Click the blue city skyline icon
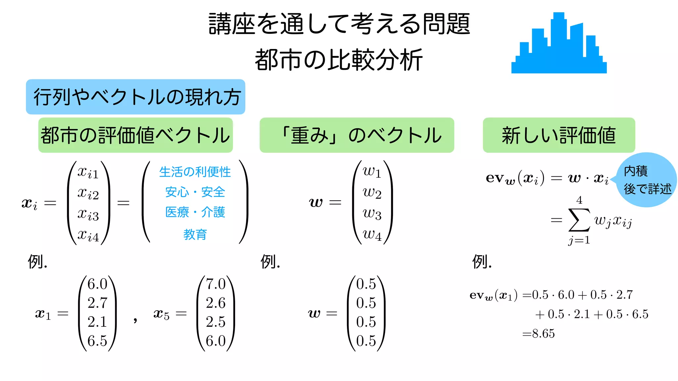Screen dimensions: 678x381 559,46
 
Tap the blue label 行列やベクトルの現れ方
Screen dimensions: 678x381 135,97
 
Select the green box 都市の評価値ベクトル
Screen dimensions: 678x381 135,135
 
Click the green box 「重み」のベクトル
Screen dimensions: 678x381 357,135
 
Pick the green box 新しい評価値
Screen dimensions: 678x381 558,135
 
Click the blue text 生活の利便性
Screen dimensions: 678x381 195,172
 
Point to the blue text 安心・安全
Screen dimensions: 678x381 195,192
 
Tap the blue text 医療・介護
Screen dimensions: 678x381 195,212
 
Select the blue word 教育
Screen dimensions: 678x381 195,234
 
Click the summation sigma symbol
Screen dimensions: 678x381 579,220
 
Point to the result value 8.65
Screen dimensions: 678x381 543,333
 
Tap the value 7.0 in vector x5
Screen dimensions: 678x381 216,284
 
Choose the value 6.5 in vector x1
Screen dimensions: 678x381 97,341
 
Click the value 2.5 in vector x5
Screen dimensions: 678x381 216,322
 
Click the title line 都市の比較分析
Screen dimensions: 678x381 339,60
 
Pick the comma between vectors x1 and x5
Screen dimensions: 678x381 135,319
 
